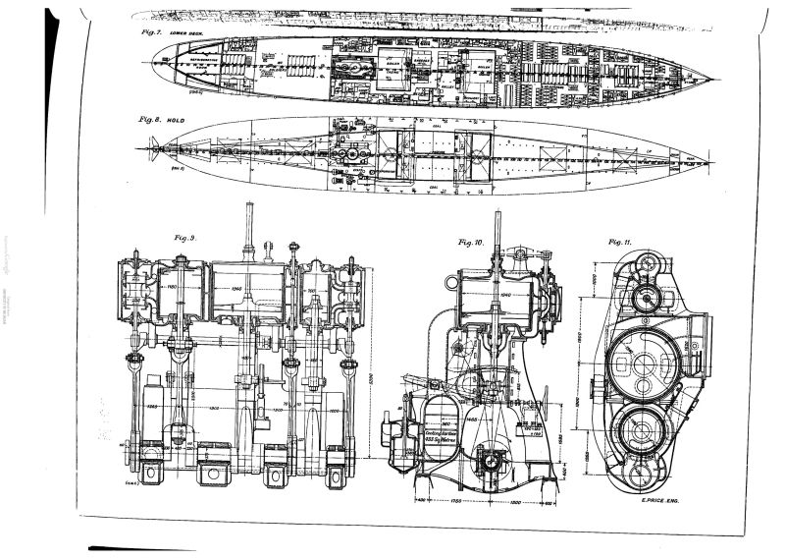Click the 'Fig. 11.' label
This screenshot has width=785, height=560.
click(x=619, y=241)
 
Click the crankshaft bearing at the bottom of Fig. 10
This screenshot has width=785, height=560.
click(x=488, y=458)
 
